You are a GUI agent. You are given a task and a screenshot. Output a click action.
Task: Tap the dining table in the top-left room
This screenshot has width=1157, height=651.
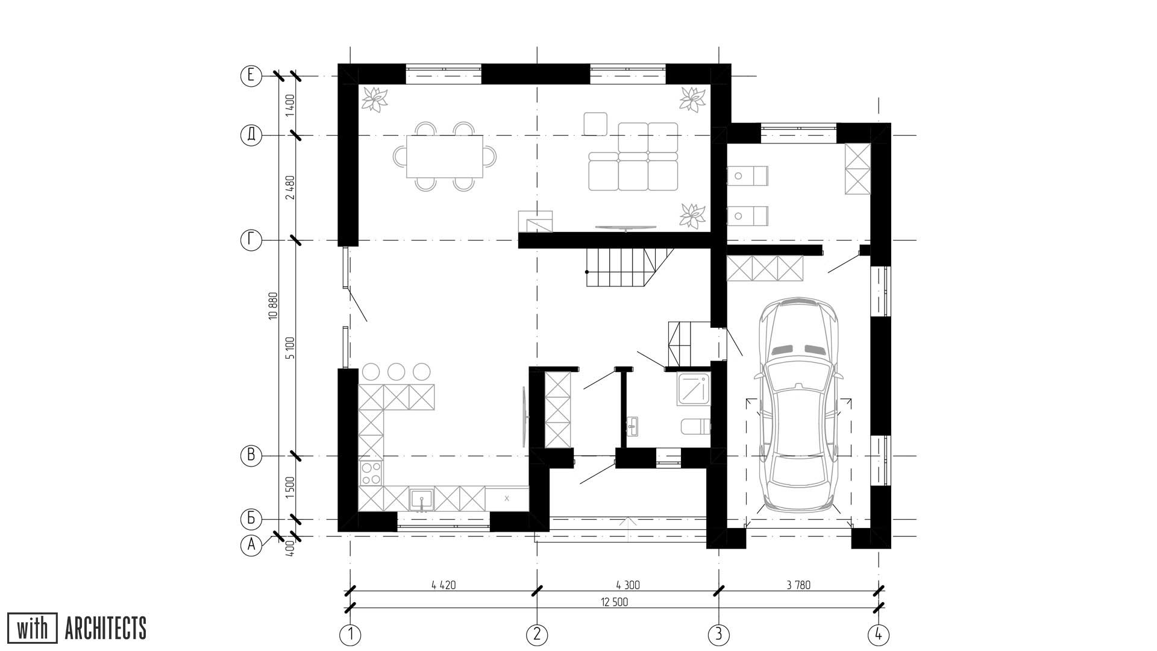point(445,157)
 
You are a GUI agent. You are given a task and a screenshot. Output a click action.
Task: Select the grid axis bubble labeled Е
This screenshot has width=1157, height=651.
point(251,76)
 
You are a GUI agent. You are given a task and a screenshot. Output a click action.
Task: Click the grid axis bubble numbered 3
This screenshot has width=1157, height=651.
point(718,634)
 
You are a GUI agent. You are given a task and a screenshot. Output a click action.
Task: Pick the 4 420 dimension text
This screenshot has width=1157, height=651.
point(444,585)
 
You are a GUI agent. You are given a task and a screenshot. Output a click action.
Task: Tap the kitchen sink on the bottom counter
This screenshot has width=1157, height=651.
point(422,500)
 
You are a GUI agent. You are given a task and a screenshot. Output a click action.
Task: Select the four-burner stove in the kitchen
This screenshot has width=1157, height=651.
point(371,473)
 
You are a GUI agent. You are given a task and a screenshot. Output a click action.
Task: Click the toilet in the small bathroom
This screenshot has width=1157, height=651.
point(696,427)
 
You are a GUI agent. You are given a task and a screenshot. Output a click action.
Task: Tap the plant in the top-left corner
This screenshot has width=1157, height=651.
point(375,99)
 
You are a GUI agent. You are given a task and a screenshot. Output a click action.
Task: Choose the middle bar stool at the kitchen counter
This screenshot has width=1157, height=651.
point(396,371)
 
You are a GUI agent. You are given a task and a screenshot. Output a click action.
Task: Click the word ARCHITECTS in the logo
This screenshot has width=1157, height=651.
point(105,628)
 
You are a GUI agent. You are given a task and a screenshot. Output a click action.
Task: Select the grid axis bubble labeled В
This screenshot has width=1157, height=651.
point(251,456)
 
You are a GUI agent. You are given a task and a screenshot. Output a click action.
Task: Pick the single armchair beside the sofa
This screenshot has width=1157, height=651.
point(595,124)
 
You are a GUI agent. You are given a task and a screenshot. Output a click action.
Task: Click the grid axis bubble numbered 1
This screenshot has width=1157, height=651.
point(350,634)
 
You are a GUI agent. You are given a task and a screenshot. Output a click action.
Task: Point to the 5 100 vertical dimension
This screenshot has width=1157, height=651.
point(291,348)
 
